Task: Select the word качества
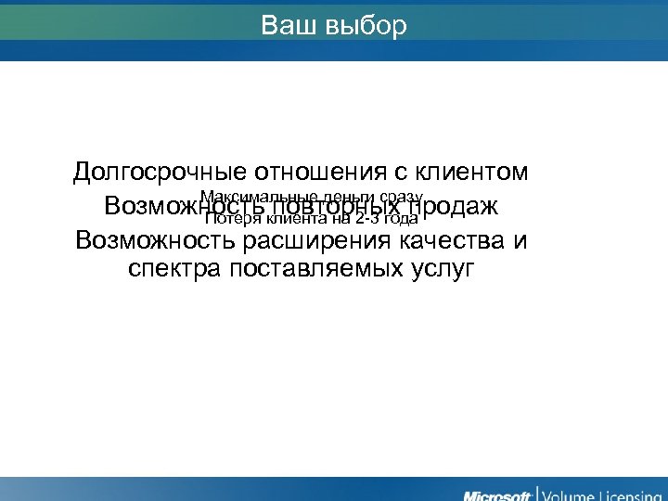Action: pyautogui.click(x=451, y=240)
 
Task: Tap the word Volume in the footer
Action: pyautogui.click(x=573, y=493)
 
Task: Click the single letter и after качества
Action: pyautogui.click(x=520, y=240)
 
